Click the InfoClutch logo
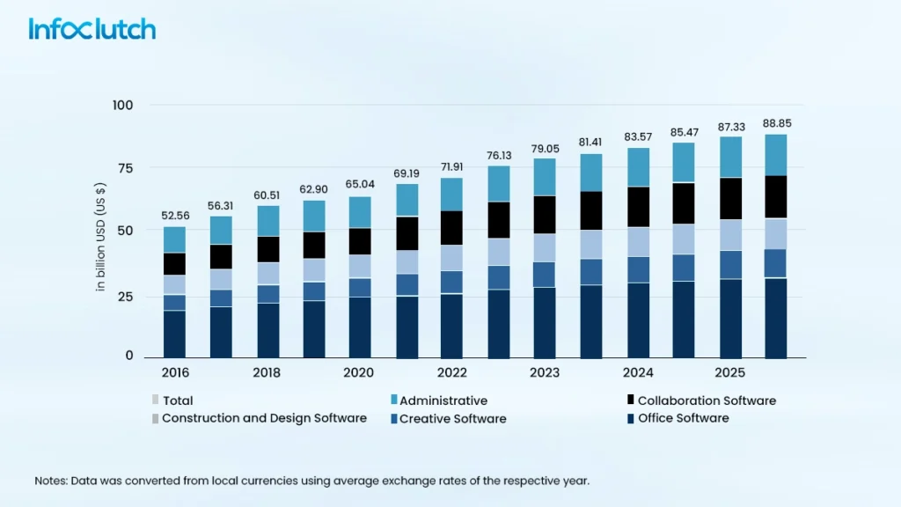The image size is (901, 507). coord(92,28)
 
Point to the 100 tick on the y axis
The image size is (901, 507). coord(122,106)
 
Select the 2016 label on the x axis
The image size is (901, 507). coord(174,372)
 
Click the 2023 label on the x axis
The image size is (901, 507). coord(545,372)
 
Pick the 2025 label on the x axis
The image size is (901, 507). coord(729,372)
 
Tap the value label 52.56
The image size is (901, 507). coord(174,215)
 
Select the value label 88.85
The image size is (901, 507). coord(775,123)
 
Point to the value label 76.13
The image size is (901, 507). coord(498,156)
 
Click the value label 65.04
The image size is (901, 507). coord(360,185)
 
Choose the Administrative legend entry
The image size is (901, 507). coord(443,400)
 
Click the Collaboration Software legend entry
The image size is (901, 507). coord(707,400)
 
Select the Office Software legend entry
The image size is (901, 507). coord(683,418)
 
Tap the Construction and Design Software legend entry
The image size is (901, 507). coord(264,418)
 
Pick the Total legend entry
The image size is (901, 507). coord(177,400)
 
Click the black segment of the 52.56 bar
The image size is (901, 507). coord(174,264)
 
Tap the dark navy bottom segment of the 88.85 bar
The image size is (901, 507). coord(775,318)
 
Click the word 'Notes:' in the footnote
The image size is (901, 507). coord(53,481)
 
